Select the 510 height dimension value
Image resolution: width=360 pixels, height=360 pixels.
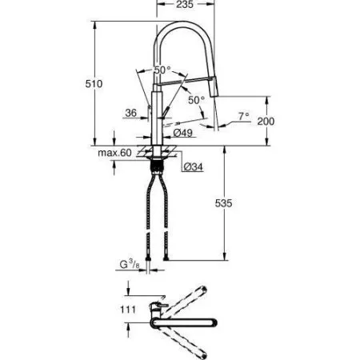[96, 82]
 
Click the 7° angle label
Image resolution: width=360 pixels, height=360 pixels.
[244, 115]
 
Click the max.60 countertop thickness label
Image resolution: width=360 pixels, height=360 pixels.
[114, 152]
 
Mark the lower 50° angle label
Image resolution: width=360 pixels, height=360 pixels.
[196, 99]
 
